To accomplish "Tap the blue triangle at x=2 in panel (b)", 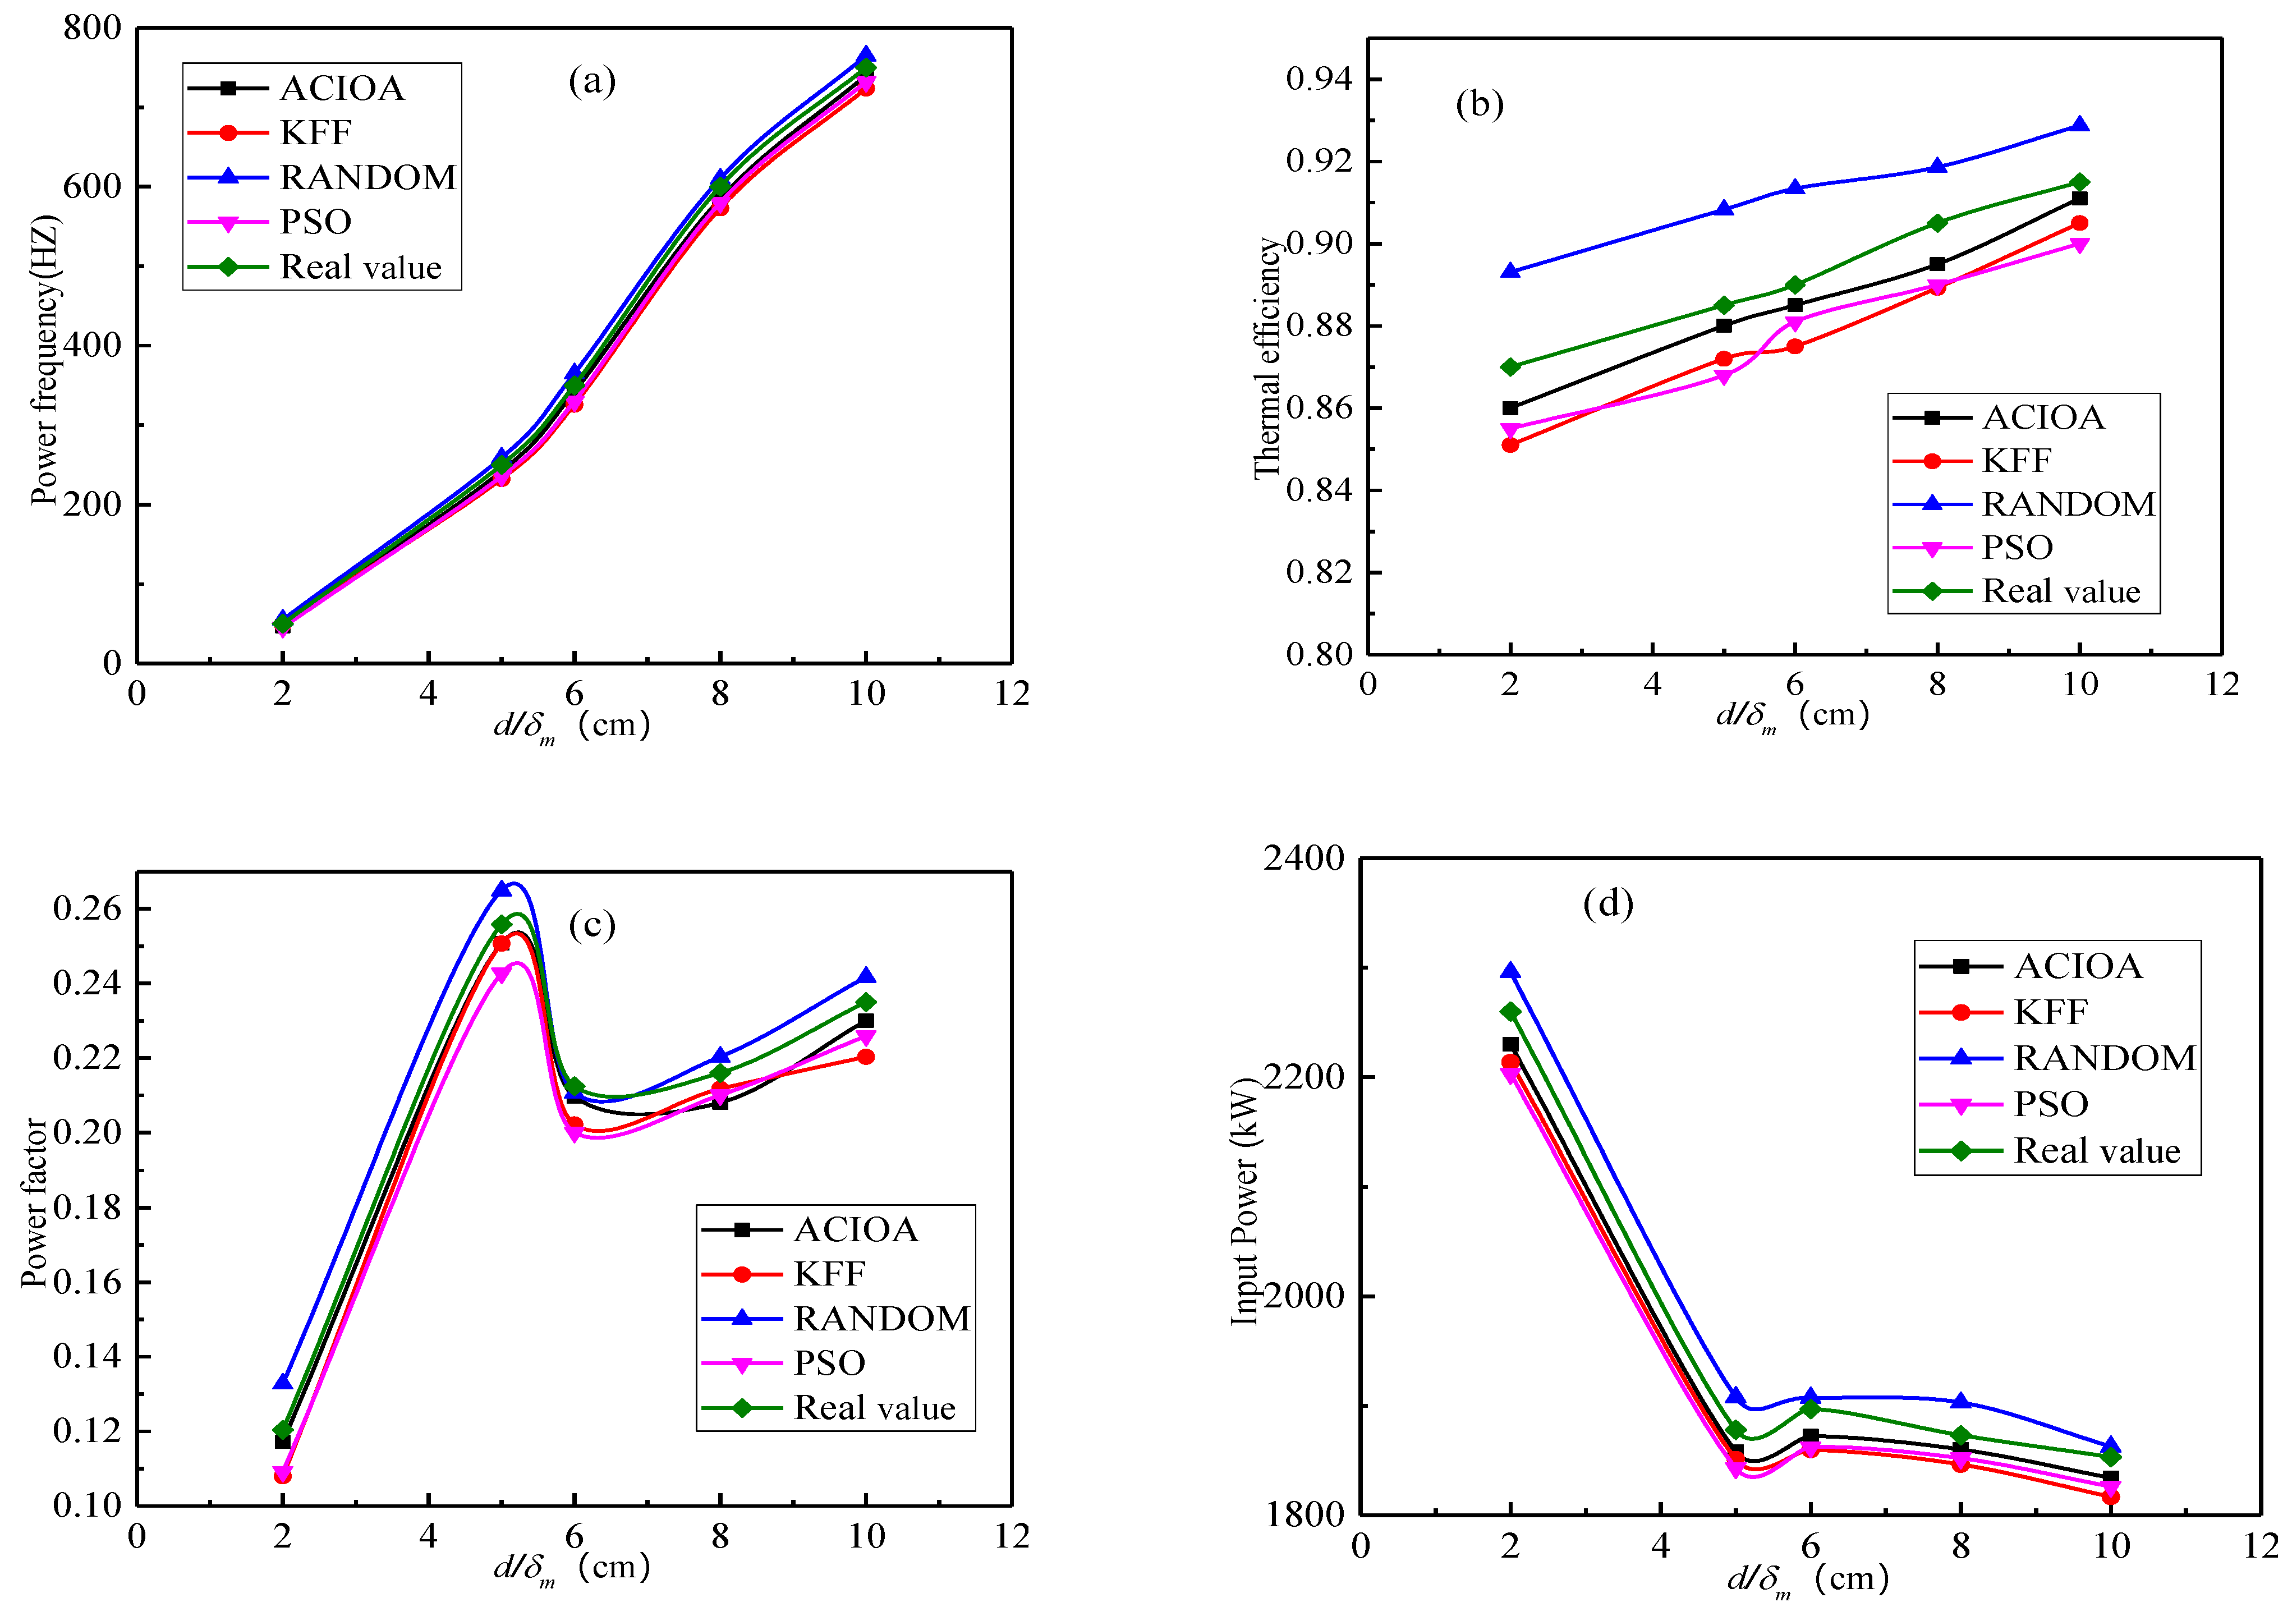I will tap(1510, 270).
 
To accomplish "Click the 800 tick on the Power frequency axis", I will tap(92, 28).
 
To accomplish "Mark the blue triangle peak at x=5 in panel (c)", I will tap(502, 888).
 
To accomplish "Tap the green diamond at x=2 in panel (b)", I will tap(1510, 368).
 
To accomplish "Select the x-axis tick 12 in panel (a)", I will tap(1011, 694).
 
